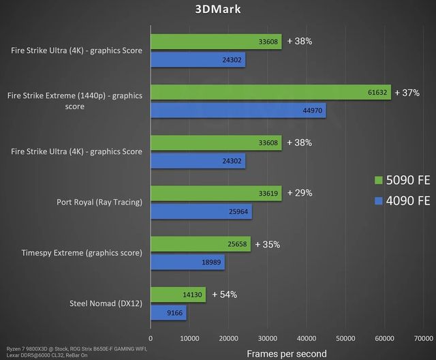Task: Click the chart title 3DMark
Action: pyautogui.click(x=218, y=10)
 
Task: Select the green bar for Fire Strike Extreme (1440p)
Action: pyautogui.click(x=270, y=93)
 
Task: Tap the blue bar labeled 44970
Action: pyautogui.click(x=238, y=110)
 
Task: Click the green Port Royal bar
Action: pyautogui.click(x=215, y=193)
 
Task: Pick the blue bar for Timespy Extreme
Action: pyautogui.click(x=187, y=262)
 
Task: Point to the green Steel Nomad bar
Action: pyautogui.click(x=178, y=294)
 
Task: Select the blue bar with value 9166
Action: pyautogui.click(x=168, y=312)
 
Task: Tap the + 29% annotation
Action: pyautogui.click(x=300, y=193)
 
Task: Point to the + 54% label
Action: pyautogui.click(x=224, y=294)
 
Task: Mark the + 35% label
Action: pyautogui.click(x=268, y=243)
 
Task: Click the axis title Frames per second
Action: pyautogui.click(x=286, y=353)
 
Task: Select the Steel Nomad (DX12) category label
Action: pyautogui.click(x=106, y=303)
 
